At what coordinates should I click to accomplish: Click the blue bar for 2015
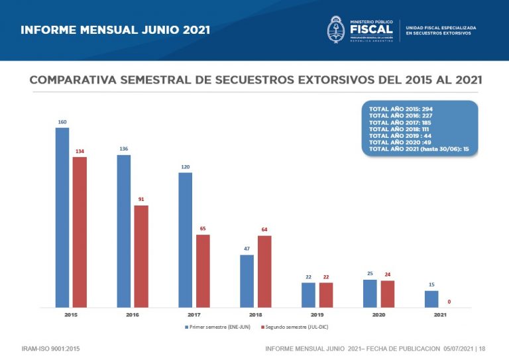click(x=62, y=217)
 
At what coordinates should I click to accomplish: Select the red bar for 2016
click(x=141, y=257)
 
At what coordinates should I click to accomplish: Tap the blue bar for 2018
click(x=247, y=281)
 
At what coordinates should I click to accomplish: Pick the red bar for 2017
click(x=203, y=271)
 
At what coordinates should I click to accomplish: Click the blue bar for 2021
click(x=431, y=299)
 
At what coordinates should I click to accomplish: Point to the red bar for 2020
click(x=387, y=294)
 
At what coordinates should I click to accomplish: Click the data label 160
click(x=62, y=122)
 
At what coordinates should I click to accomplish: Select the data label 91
click(x=141, y=199)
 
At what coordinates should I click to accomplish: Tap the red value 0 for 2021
click(x=449, y=302)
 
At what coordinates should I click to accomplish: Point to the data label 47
click(x=247, y=249)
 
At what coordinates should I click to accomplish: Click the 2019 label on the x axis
click(x=317, y=315)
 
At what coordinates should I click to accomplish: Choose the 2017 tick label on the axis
click(x=194, y=315)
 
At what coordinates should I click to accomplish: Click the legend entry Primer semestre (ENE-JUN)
click(x=223, y=328)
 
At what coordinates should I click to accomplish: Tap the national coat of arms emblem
click(x=335, y=30)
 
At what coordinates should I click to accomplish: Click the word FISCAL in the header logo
click(x=370, y=29)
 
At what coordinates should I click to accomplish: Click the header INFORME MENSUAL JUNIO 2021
click(x=115, y=30)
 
